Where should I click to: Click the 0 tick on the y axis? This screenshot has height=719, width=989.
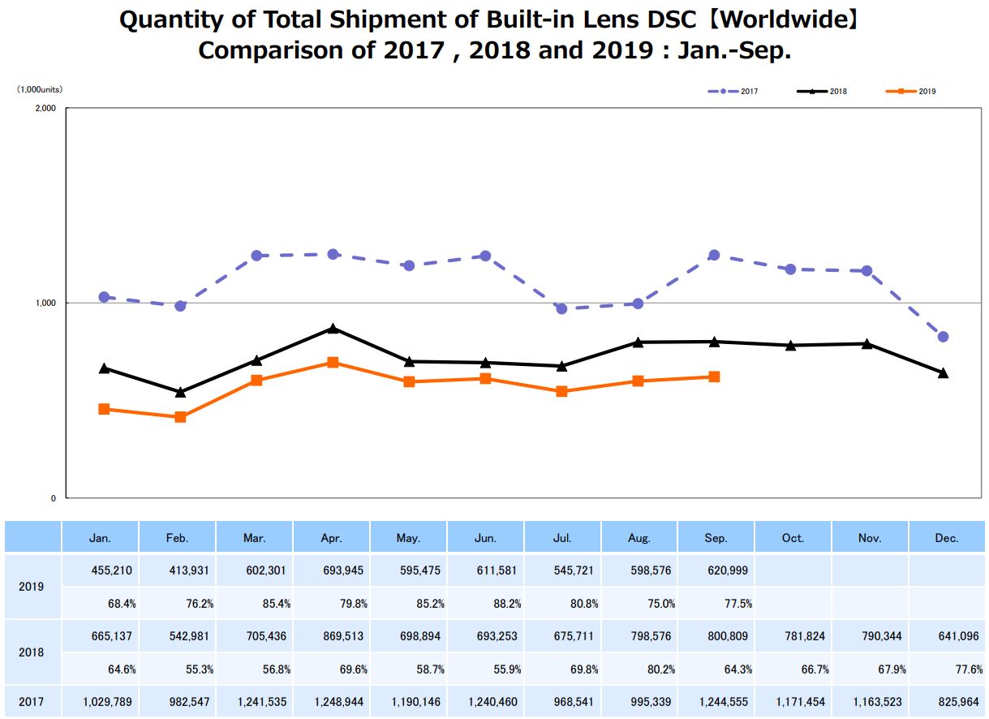click(x=54, y=498)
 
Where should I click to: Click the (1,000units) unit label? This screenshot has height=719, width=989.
click(x=40, y=90)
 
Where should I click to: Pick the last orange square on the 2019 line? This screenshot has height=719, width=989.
click(x=714, y=377)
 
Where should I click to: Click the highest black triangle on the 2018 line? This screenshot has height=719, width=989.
click(x=333, y=329)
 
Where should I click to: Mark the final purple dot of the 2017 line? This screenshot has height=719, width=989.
click(x=943, y=337)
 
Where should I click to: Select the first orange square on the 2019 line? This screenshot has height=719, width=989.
click(x=104, y=409)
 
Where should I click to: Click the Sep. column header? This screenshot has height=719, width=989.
click(x=716, y=538)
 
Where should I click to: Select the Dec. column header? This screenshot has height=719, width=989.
click(x=946, y=538)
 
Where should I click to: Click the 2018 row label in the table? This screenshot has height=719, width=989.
click(x=32, y=652)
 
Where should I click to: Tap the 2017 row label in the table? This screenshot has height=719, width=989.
click(x=32, y=702)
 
